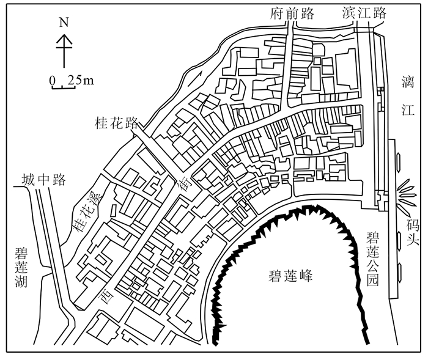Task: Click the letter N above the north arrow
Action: [x=63, y=23]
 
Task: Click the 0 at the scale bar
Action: [x=54, y=79]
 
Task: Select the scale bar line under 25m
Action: [x=63, y=88]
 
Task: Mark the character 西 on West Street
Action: [x=104, y=299]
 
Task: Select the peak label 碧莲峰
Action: [x=290, y=276]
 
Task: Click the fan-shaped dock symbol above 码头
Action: [x=408, y=194]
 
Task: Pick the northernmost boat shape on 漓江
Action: [x=399, y=160]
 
